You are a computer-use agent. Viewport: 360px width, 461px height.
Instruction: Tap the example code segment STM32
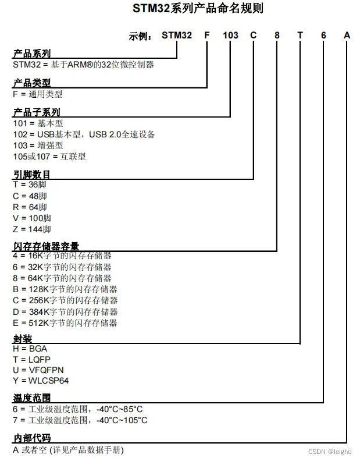coord(176,36)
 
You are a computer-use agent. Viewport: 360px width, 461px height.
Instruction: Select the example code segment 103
coord(230,36)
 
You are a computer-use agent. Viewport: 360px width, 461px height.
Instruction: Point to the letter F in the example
coord(206,36)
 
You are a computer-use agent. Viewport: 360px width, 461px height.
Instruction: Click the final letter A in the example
coord(347,36)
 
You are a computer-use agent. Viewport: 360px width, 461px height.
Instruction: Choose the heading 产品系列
coord(31,54)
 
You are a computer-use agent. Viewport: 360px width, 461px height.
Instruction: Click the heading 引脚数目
coord(31,174)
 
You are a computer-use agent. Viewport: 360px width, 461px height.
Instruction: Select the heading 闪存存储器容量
coord(46,246)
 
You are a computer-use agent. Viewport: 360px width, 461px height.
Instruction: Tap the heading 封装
coord(22,339)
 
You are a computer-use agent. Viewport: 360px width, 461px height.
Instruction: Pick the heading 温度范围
coord(31,399)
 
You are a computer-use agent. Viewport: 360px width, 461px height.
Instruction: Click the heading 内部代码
coord(31,438)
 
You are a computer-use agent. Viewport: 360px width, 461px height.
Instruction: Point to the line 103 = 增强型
coord(38,146)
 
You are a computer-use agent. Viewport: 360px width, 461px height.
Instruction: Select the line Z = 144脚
coord(32,229)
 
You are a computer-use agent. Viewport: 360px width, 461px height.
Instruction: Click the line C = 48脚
coord(30,196)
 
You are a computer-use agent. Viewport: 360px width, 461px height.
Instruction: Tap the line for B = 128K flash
coord(65,289)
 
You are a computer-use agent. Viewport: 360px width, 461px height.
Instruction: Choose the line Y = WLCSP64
coord(41,381)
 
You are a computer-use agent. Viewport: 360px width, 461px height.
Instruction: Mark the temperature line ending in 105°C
coord(80,420)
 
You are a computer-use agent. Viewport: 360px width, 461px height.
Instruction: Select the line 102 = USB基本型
coord(84,134)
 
